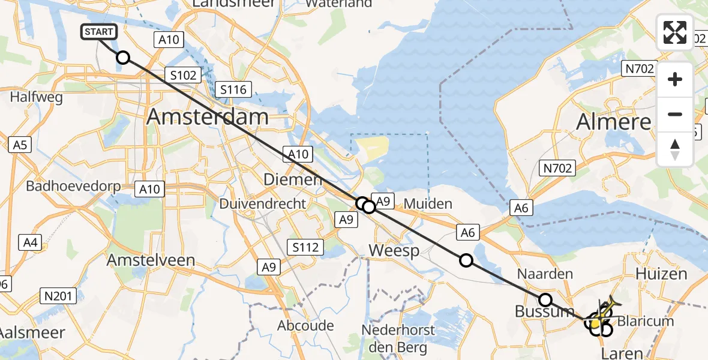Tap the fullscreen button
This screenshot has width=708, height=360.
pos(675,32)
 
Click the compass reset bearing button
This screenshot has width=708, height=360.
pos(675,149)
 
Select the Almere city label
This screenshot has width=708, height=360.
pos(614,122)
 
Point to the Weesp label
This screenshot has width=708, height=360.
pos(394,250)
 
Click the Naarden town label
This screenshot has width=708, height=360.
pos(545,274)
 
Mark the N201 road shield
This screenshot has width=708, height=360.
pos(59,295)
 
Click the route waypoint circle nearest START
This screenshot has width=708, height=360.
pos(122,58)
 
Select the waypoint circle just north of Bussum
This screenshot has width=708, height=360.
pos(545,299)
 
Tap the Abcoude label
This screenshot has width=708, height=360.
pos(305,325)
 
